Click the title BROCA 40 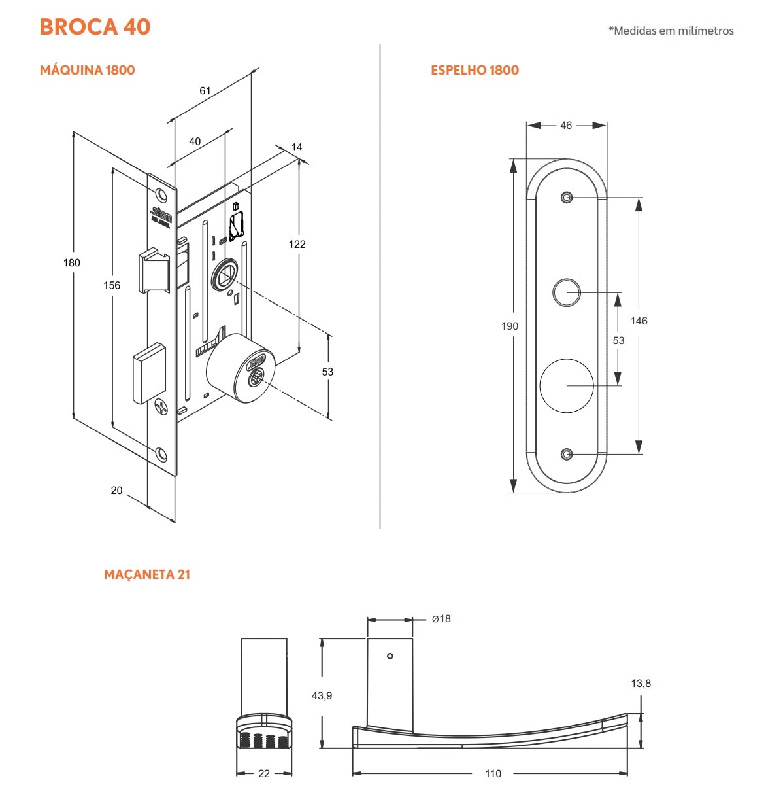click(x=95, y=27)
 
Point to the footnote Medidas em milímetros click(x=671, y=31)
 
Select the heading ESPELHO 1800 click(x=475, y=70)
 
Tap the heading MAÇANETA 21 click(x=147, y=574)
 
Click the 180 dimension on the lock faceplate click(x=71, y=262)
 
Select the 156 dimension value click(x=112, y=285)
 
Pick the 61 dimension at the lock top click(x=205, y=90)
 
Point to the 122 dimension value click(x=297, y=244)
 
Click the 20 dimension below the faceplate click(x=116, y=490)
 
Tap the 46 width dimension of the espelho click(x=566, y=125)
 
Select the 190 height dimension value click(x=510, y=326)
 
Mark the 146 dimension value click(x=639, y=321)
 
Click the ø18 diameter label click(x=441, y=618)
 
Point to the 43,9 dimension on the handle click(x=322, y=695)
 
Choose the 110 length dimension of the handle click(x=493, y=773)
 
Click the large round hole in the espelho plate click(x=567, y=385)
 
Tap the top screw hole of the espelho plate click(x=567, y=198)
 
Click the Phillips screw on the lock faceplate click(x=161, y=408)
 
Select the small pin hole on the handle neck click(x=390, y=656)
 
